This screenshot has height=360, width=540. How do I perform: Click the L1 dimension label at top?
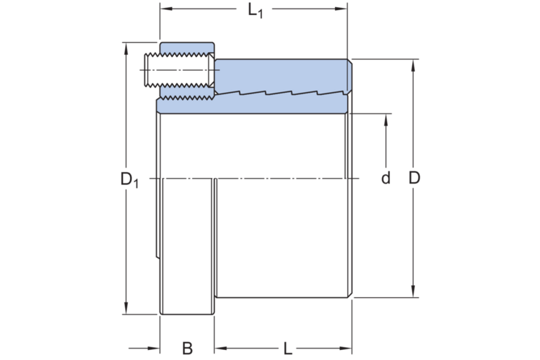point(255,11)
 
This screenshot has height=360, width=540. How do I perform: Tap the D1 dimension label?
point(129,179)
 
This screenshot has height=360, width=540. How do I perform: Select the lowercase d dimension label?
point(386,179)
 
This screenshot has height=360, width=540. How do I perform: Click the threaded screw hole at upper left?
point(179,71)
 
